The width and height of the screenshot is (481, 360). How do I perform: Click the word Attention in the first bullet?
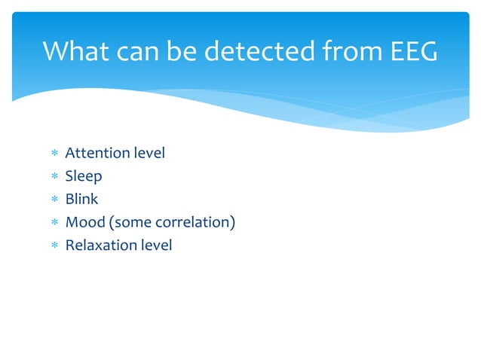[x=97, y=154]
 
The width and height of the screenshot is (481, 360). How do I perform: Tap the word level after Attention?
[x=149, y=154]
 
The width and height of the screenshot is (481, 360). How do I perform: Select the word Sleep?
[x=84, y=177]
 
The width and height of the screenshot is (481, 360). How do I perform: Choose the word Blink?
[x=82, y=200]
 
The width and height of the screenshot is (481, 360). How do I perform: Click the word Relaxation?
[x=100, y=245]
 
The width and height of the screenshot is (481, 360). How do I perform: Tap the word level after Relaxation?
[x=155, y=245]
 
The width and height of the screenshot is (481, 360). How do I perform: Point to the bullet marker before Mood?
[x=54, y=223]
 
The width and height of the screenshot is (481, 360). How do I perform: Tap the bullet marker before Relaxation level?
[x=54, y=246]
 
